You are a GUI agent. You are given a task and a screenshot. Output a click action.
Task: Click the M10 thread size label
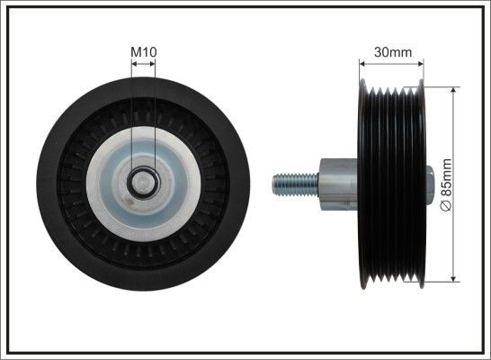point(144,52)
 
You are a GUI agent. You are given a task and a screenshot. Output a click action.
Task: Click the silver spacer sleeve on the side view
point(337,184)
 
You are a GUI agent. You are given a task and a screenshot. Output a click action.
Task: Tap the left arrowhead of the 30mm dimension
point(362,63)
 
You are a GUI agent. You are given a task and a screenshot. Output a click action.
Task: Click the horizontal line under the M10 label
point(143,64)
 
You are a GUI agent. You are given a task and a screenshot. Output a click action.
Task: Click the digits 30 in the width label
point(381,52)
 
